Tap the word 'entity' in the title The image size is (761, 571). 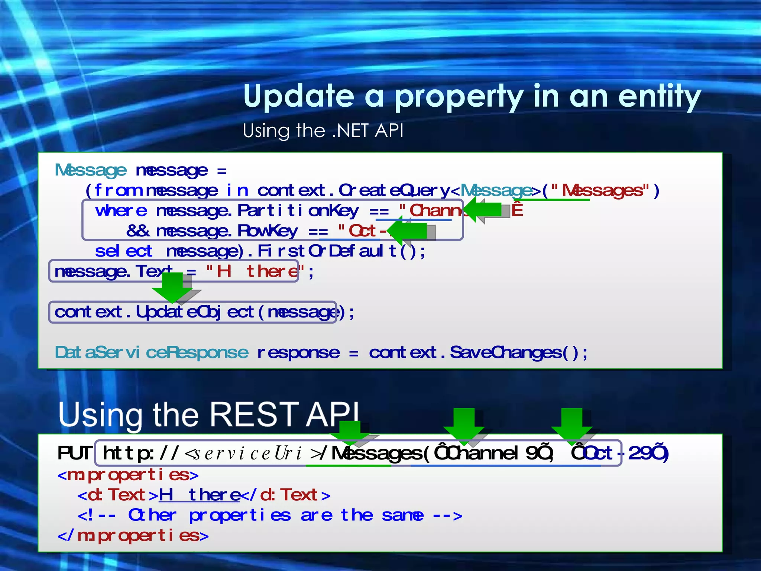(x=659, y=97)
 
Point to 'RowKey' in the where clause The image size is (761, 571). (x=268, y=231)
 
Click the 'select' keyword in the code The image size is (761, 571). (x=123, y=251)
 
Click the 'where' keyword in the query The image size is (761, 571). (x=121, y=211)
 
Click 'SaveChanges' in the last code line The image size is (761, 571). (x=506, y=352)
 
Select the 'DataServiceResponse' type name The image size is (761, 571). (x=151, y=352)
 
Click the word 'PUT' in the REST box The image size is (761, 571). (x=74, y=453)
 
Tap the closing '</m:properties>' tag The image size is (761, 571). (x=133, y=536)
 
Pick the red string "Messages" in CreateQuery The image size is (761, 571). (x=602, y=191)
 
